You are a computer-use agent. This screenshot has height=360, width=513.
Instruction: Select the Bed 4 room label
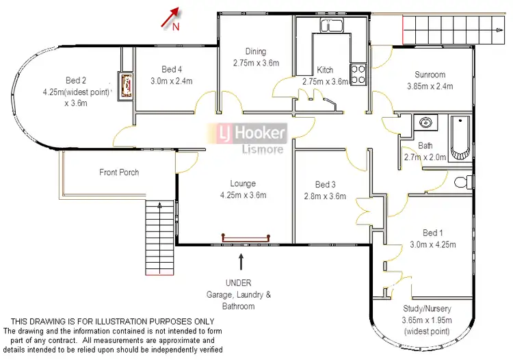click(172, 69)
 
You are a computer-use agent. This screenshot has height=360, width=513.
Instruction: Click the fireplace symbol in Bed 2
click(126, 86)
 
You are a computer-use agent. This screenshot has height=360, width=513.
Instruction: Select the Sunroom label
click(430, 75)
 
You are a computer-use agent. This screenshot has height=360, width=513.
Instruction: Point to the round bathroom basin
click(426, 123)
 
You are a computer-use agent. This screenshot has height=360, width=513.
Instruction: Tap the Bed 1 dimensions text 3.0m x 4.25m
click(432, 244)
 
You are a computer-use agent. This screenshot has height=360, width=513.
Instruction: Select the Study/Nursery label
click(428, 309)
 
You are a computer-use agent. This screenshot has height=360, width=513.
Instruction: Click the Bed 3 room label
click(326, 184)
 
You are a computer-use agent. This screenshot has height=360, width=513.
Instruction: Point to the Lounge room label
click(243, 183)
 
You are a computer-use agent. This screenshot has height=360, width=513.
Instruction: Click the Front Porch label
click(119, 172)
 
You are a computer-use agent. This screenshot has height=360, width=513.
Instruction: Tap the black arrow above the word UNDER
click(241, 261)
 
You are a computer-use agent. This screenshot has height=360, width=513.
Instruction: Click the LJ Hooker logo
click(248, 133)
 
